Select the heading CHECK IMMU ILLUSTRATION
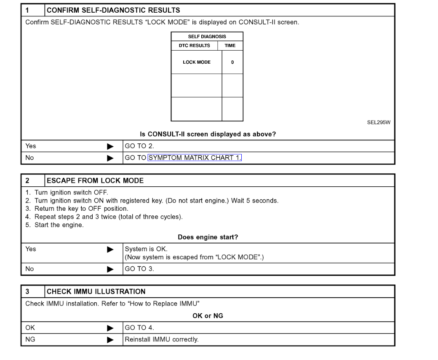(x=96, y=291)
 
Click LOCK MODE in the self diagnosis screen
(x=196, y=62)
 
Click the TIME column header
(x=230, y=46)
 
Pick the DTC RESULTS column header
(x=194, y=46)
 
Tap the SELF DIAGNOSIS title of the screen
(x=207, y=37)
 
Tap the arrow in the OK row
(x=110, y=328)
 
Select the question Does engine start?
(x=208, y=237)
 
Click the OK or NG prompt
(x=208, y=316)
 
